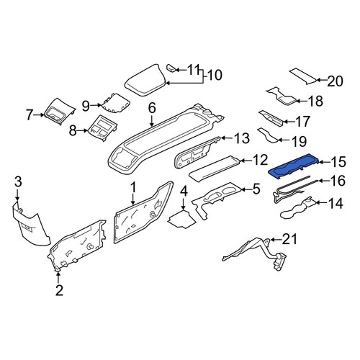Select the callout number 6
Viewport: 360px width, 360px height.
[x=152, y=108]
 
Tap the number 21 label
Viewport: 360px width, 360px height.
[x=289, y=239]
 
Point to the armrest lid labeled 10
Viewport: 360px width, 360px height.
[x=145, y=81]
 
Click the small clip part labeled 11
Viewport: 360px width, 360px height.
[x=171, y=68]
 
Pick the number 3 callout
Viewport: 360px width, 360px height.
[x=18, y=181]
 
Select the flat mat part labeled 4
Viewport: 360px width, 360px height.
[x=181, y=219]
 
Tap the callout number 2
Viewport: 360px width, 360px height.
[x=59, y=290]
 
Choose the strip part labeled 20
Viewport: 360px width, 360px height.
[x=303, y=76]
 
